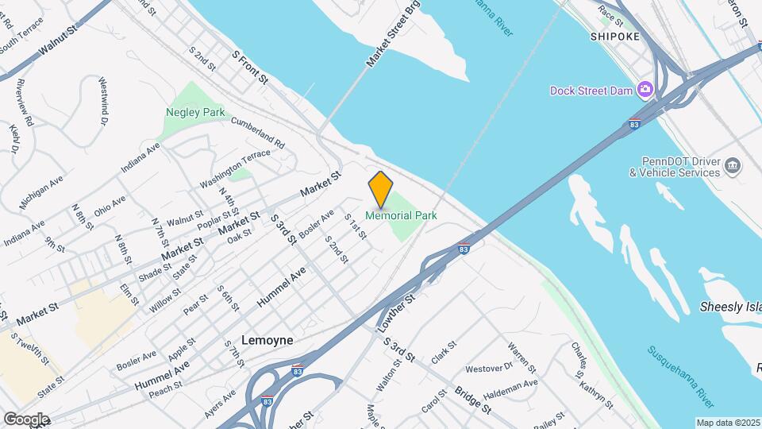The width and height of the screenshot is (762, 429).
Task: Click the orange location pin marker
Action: pyautogui.click(x=380, y=189)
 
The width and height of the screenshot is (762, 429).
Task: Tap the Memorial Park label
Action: pyautogui.click(x=401, y=215)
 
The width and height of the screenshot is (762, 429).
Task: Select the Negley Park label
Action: pyautogui.click(x=195, y=112)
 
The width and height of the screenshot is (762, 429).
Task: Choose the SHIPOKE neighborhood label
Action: pyautogui.click(x=614, y=37)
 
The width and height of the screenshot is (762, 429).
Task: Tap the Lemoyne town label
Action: pyautogui.click(x=267, y=340)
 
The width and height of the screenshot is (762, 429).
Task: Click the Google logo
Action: pyautogui.click(x=26, y=419)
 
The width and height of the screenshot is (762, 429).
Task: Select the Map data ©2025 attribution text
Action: pyautogui.click(x=727, y=423)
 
